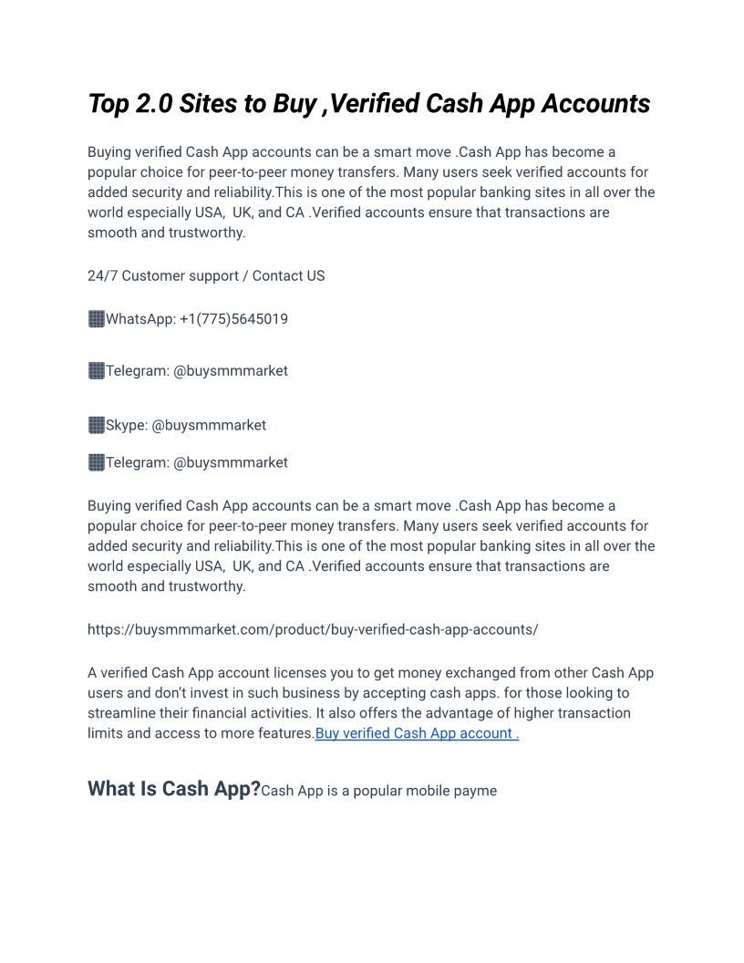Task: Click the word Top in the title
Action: tap(108, 104)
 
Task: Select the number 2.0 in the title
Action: tap(153, 104)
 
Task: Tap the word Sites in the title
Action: tap(208, 104)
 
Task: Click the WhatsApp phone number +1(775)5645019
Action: tap(233, 319)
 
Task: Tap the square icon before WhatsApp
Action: tap(96, 319)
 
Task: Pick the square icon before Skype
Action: tap(96, 425)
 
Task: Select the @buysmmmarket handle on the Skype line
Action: tap(209, 425)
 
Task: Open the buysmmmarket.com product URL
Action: tap(313, 629)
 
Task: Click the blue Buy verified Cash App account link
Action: tap(417, 733)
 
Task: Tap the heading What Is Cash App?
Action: tap(174, 789)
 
